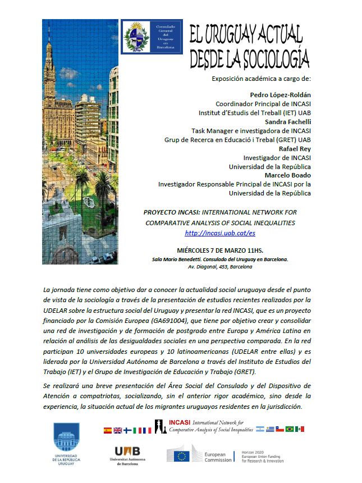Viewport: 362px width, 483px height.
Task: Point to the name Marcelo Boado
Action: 285,175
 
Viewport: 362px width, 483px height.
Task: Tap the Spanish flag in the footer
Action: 107,430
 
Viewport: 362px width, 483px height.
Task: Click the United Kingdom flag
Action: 117,430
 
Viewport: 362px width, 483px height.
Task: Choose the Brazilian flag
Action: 290,430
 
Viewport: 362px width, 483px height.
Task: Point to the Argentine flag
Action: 259,430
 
